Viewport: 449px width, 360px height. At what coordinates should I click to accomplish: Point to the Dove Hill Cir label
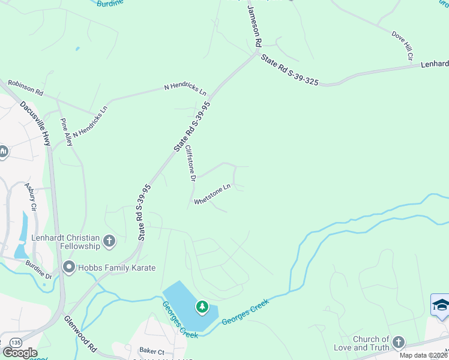tap(402, 46)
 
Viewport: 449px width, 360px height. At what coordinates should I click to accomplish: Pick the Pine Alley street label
tap(66, 132)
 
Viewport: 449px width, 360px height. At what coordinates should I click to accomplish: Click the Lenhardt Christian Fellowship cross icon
tap(109, 241)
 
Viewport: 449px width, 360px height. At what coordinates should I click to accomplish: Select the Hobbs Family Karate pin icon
tap(68, 268)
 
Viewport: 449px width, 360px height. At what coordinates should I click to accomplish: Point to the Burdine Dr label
tap(39, 272)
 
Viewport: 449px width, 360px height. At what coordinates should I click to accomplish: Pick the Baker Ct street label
tap(151, 351)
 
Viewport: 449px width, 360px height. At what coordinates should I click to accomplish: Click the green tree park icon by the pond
tap(202, 307)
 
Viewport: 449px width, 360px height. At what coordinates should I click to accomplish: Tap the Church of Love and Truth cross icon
tap(398, 343)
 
